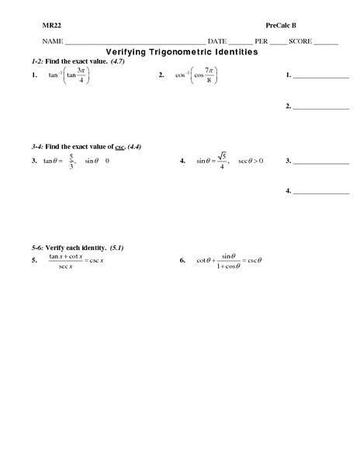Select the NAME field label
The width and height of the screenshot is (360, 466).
tap(52, 41)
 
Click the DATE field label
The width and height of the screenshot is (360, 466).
tap(218, 41)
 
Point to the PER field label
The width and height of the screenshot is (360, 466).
tap(261, 41)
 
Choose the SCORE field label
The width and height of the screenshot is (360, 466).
tap(300, 41)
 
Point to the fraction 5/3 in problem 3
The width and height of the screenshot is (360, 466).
tap(71, 161)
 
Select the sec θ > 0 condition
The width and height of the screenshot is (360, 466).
tap(251, 161)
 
